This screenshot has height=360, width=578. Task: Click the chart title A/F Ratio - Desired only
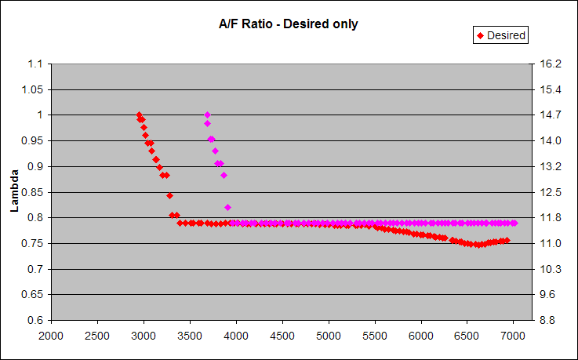pyautogui.click(x=288, y=24)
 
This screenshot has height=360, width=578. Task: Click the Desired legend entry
pyautogui.click(x=500, y=35)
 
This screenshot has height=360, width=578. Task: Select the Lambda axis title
pyautogui.click(x=14, y=192)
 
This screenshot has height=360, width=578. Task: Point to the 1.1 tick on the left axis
pyautogui.click(x=33, y=64)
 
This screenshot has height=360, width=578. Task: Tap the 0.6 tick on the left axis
pyautogui.click(x=33, y=320)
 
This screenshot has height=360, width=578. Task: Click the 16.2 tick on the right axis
pyautogui.click(x=547, y=64)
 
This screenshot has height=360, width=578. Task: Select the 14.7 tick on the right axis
pyautogui.click(x=547, y=115)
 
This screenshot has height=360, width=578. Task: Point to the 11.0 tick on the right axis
pyautogui.click(x=547, y=243)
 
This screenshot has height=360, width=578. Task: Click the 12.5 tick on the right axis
pyautogui.click(x=547, y=192)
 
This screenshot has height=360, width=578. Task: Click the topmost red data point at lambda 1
pyautogui.click(x=139, y=115)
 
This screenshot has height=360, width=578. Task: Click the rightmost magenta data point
pyautogui.click(x=514, y=224)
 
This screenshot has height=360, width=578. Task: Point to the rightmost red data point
pyautogui.click(x=507, y=240)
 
